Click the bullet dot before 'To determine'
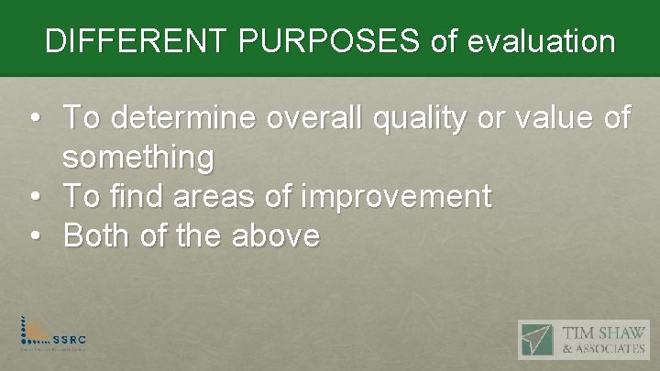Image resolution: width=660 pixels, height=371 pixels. pyautogui.click(x=34, y=119)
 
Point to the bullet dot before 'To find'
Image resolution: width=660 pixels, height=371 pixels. pyautogui.click(x=34, y=197)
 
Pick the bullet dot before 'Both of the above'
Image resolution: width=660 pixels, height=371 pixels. pyautogui.click(x=34, y=237)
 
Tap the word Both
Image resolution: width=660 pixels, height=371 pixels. pyautogui.click(x=99, y=236)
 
